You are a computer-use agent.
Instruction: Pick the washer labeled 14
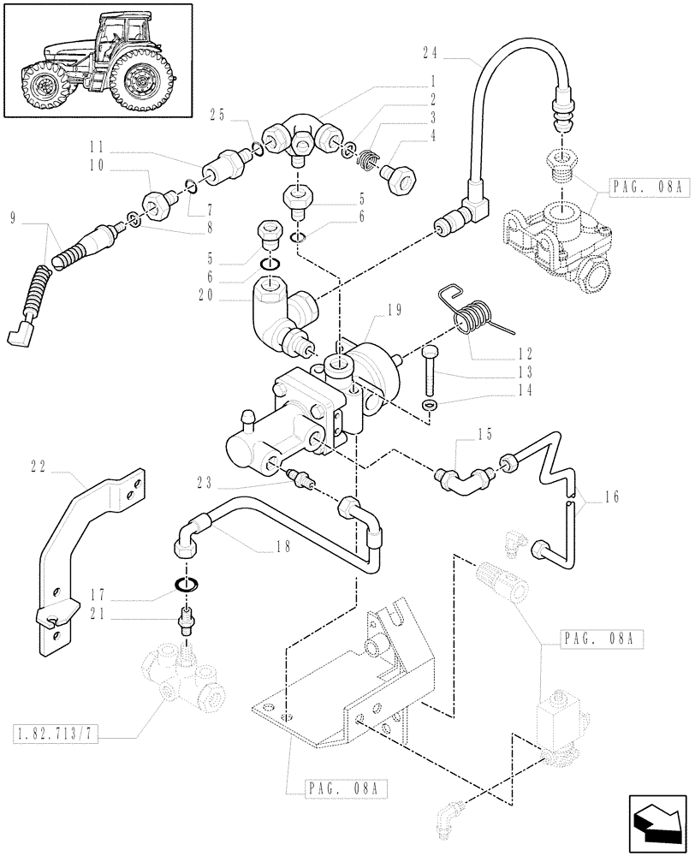click(430, 404)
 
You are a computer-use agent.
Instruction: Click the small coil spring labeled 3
click(365, 158)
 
